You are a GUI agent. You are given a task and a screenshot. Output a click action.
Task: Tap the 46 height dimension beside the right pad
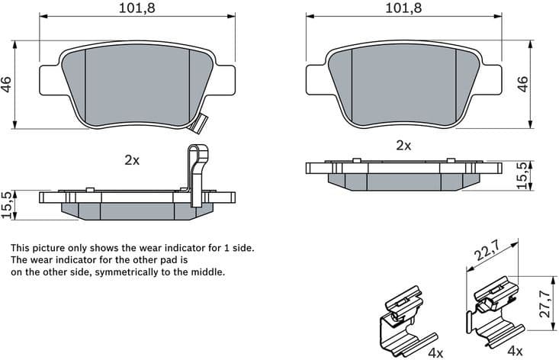tap(522, 85)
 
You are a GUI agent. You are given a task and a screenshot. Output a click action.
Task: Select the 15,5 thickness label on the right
tap(522, 176)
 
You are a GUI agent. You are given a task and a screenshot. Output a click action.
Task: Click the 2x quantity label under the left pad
tap(132, 160)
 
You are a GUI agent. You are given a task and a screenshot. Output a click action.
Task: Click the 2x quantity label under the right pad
tap(403, 145)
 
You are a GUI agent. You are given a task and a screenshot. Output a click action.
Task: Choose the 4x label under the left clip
tap(435, 352)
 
